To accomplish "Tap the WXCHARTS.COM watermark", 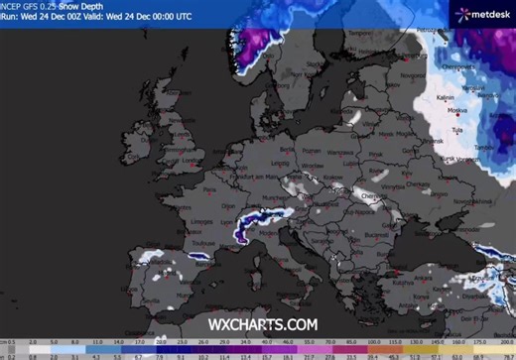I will [262, 324].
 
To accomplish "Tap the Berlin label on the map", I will [287, 149].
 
